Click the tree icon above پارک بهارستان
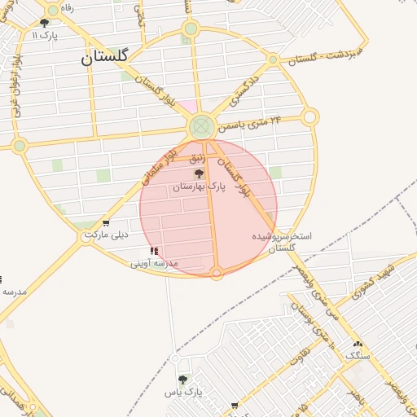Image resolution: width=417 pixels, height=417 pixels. tap(199, 174)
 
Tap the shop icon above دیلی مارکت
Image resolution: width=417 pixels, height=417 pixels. tap(106, 223)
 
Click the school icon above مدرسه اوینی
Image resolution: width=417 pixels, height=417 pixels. tap(155, 251)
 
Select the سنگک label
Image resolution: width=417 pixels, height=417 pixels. tap(358, 356)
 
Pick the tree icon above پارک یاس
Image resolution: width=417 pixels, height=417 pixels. tap(182, 380)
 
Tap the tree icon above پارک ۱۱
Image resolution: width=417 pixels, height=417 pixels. tap(44, 24)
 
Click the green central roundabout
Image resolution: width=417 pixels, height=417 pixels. tap(201, 127)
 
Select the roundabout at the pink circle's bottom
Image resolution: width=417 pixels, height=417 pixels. tap(217, 273)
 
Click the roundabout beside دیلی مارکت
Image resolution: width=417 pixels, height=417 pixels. tap(89, 235)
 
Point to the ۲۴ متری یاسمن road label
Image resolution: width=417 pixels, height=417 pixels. tap(252, 124)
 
